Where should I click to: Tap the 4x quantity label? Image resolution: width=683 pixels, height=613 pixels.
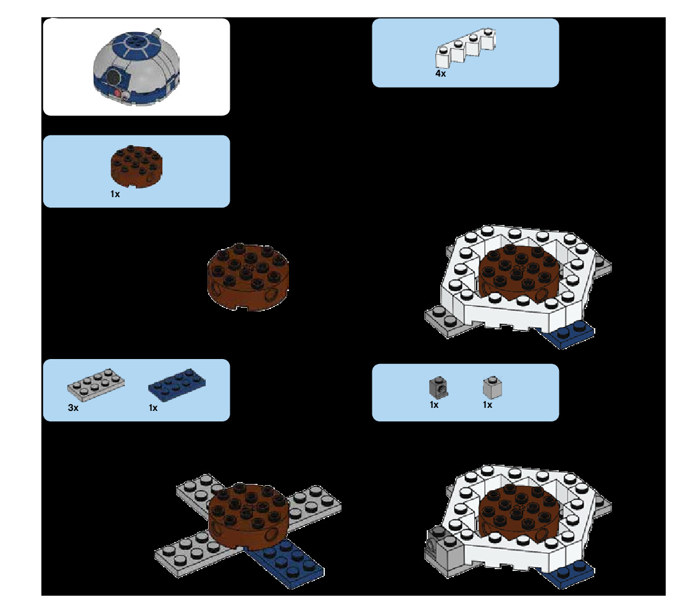(x=440, y=74)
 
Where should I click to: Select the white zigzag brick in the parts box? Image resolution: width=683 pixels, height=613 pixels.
(x=466, y=48)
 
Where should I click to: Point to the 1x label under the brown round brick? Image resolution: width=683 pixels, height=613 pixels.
(x=115, y=194)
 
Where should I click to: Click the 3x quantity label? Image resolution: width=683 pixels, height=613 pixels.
(x=73, y=408)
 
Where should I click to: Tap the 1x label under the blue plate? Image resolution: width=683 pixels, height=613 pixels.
(x=153, y=408)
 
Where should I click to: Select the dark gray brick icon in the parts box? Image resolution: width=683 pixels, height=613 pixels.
(x=438, y=387)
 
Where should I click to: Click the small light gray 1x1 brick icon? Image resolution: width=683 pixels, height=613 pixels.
(x=491, y=387)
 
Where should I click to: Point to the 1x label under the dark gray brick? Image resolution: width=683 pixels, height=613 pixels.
(x=434, y=405)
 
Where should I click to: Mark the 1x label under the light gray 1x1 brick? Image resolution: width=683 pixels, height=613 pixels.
(x=487, y=405)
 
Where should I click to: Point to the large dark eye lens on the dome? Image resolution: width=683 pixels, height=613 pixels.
(x=113, y=77)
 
